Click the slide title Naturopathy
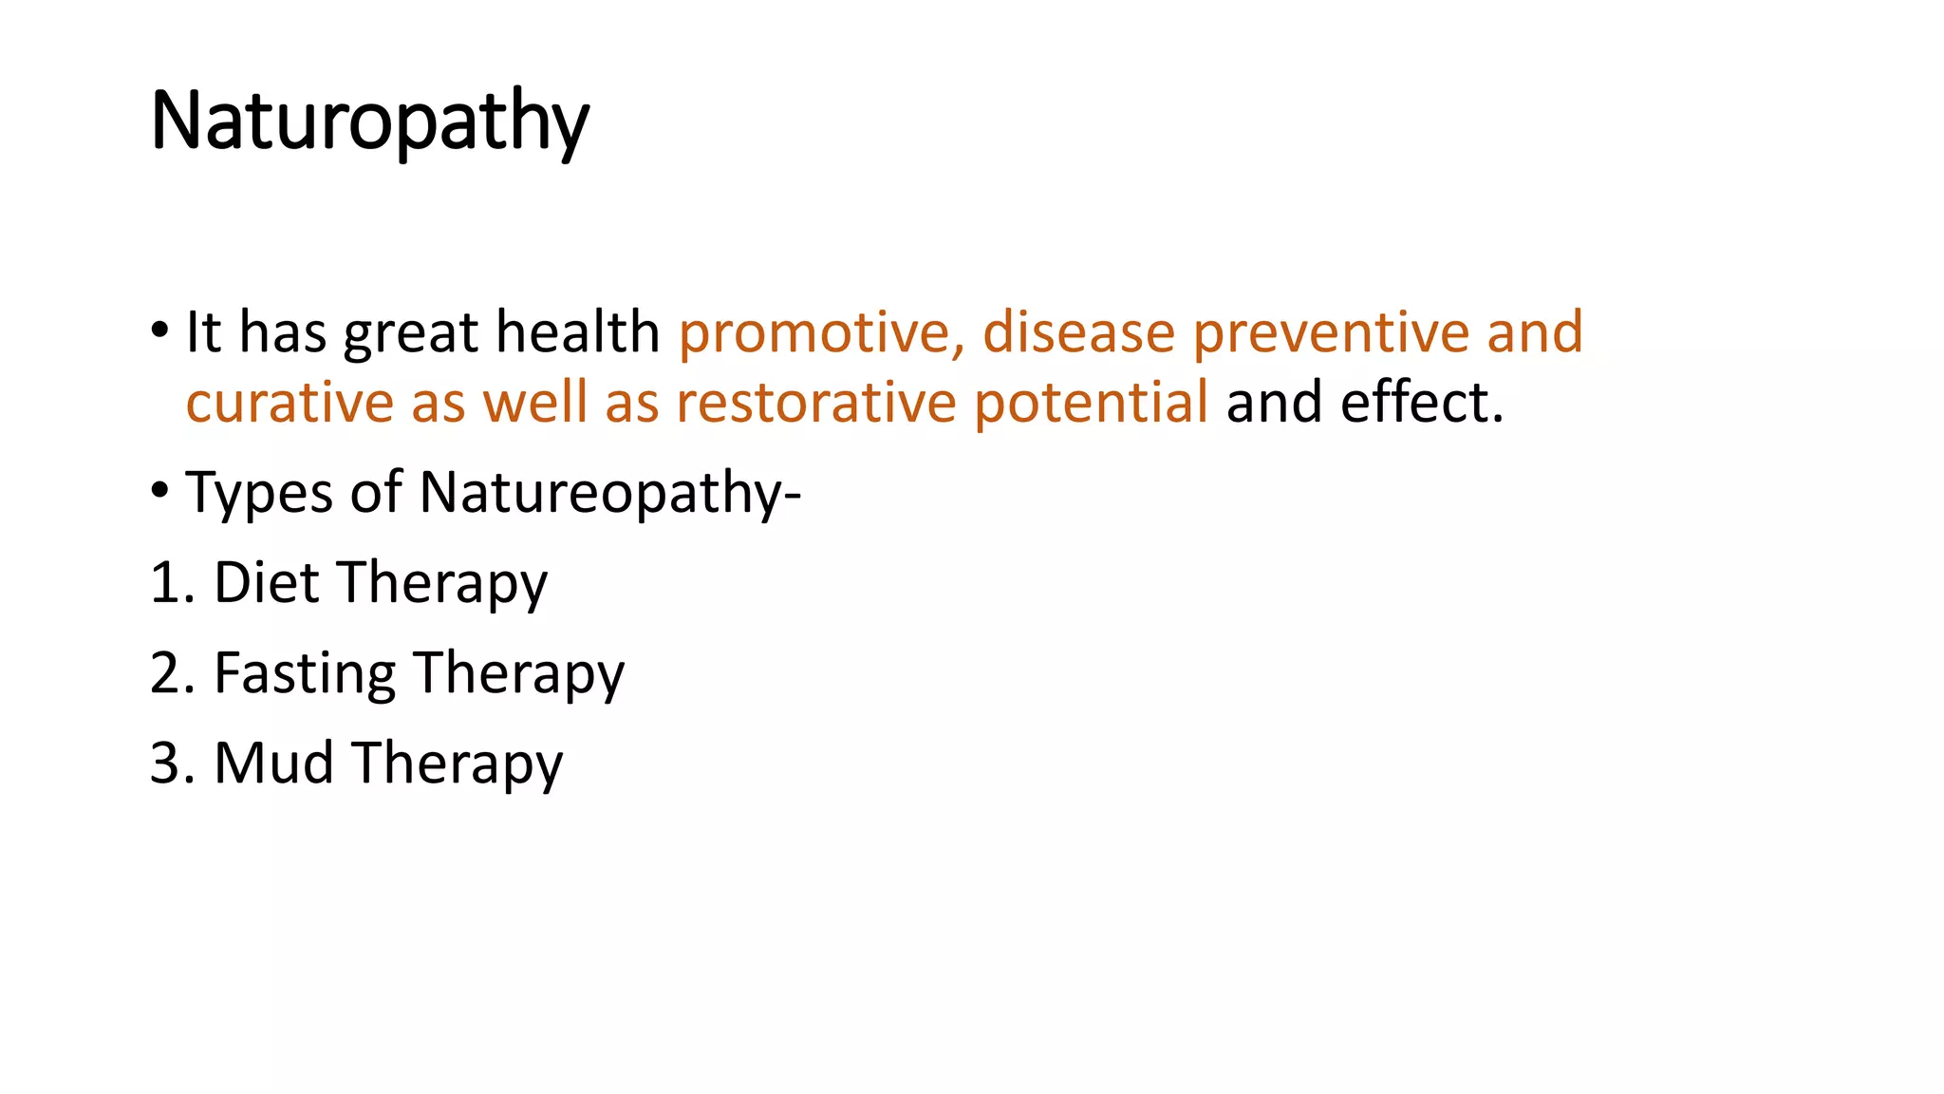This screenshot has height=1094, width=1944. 369,122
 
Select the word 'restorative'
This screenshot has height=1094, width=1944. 816,402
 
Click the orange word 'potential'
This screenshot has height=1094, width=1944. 1091,402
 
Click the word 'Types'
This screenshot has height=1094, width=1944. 259,494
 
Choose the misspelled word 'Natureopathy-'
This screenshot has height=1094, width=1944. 609,494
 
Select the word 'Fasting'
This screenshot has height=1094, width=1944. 304,673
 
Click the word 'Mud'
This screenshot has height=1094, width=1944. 273,763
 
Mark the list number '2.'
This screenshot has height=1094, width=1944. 172,673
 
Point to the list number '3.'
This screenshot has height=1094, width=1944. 172,763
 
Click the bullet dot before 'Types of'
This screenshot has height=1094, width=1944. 159,490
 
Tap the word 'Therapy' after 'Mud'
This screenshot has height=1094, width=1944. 458,764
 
